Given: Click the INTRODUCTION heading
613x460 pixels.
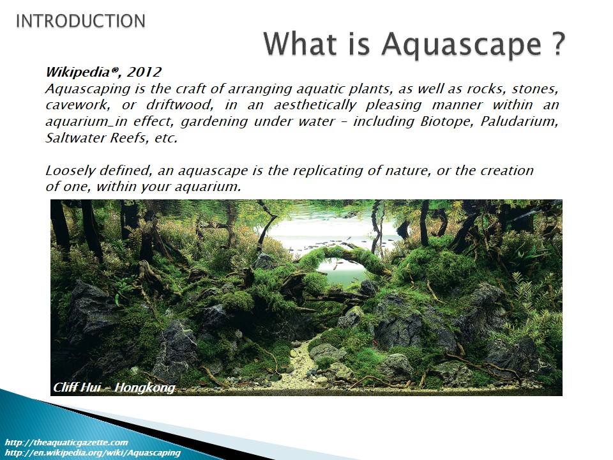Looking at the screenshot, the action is [x=80, y=21].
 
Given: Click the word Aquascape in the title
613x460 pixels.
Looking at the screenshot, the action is [x=462, y=44].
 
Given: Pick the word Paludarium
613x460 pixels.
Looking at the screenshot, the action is [x=519, y=121].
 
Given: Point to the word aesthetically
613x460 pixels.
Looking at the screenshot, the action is [x=315, y=105].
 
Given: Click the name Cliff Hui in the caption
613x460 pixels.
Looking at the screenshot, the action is [x=76, y=387].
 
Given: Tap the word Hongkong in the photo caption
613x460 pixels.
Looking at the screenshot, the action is [x=145, y=388].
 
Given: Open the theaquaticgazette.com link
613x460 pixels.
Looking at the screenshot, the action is [x=66, y=442].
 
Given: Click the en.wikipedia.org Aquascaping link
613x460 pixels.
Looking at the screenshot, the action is [x=93, y=452].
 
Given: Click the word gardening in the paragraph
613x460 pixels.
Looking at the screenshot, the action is [x=215, y=121].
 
